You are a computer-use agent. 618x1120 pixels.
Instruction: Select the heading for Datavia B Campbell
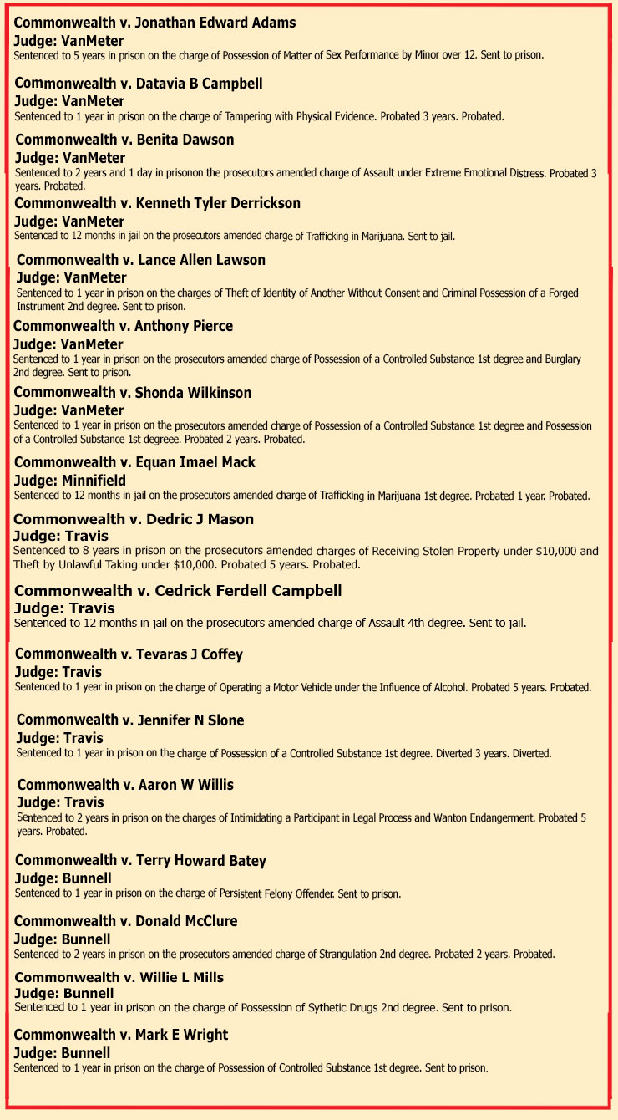tap(139, 84)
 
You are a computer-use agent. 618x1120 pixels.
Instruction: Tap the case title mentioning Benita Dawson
tap(124, 140)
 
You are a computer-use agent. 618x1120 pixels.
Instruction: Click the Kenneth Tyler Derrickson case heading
tap(158, 203)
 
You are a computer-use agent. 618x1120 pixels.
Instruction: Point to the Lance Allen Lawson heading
tap(141, 260)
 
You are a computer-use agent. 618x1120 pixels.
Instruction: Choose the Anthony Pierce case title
tap(123, 326)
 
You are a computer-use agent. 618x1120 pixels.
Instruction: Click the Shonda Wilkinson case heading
tap(133, 393)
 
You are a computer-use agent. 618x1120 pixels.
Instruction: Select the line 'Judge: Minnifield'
tap(70, 481)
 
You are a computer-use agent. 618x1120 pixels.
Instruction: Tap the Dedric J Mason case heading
tap(134, 519)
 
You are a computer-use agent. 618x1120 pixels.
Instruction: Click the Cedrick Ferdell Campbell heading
tap(178, 591)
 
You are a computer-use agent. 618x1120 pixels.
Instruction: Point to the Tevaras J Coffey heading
tap(129, 654)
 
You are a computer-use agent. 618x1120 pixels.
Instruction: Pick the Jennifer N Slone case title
tap(130, 720)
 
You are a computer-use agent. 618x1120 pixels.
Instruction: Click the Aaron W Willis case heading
tap(125, 785)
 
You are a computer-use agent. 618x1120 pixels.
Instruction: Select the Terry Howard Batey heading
tap(140, 860)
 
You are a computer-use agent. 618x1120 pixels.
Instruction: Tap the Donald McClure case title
tap(126, 921)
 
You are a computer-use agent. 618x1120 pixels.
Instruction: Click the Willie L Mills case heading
tap(119, 977)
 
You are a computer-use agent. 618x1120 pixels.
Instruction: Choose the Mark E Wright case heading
tap(121, 1035)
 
